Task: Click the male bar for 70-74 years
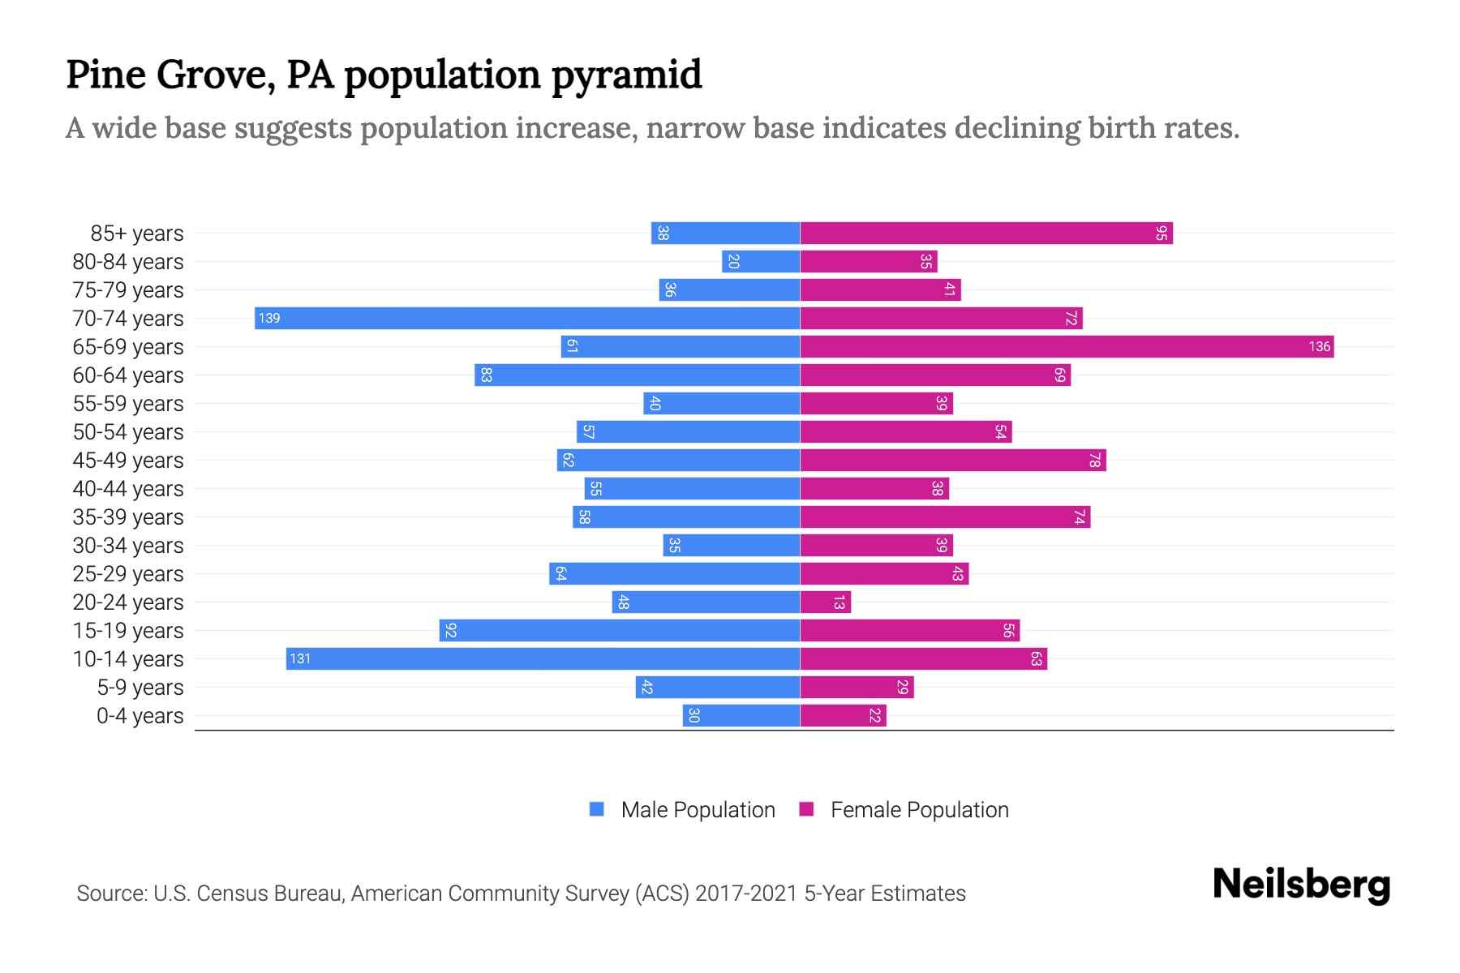point(527,318)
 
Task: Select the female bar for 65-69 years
point(1067,347)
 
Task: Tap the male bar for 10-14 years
point(543,658)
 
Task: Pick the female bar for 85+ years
point(986,234)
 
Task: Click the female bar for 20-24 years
point(826,602)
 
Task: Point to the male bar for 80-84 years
point(761,262)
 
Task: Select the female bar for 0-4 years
point(844,716)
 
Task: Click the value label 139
point(269,318)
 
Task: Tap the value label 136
point(1319,347)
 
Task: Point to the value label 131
point(300,658)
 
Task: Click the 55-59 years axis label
point(128,404)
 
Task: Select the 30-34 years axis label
point(128,546)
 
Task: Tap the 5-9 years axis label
point(140,688)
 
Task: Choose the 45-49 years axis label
point(128,461)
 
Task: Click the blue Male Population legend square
point(597,809)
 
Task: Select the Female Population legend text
point(919,810)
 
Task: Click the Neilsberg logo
point(1301,885)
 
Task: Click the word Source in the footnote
point(111,894)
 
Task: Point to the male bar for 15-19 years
point(620,631)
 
